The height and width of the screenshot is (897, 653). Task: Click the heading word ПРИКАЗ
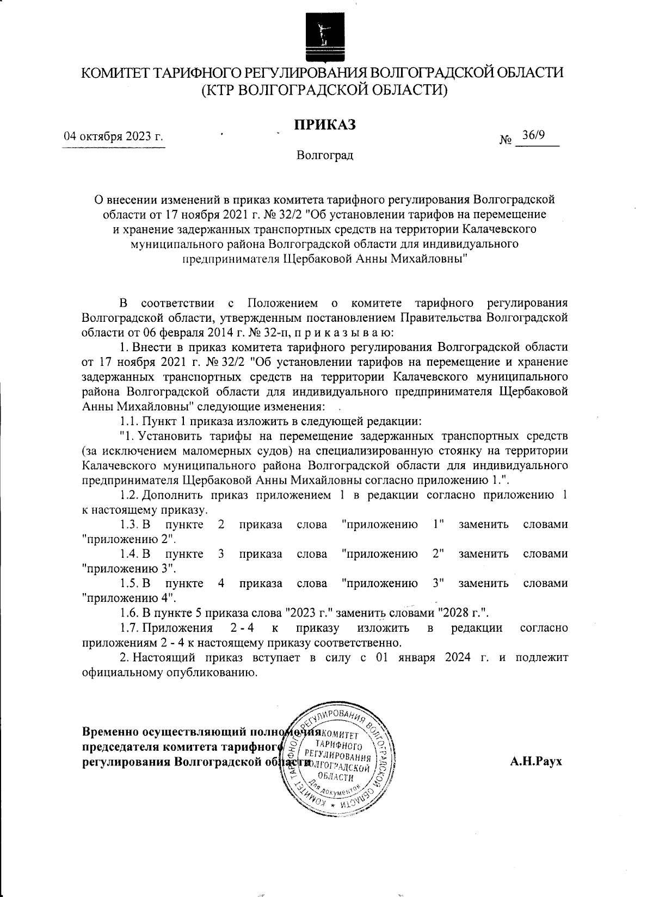tap(325, 124)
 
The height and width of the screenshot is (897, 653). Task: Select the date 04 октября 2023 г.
tap(114, 136)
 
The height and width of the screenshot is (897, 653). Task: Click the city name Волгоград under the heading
tap(325, 156)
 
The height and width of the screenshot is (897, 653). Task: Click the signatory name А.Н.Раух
tap(535, 761)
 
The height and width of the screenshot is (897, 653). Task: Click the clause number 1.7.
tap(129, 628)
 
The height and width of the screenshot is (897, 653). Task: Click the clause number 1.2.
tap(129, 495)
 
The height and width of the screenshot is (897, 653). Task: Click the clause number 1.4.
tap(129, 554)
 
